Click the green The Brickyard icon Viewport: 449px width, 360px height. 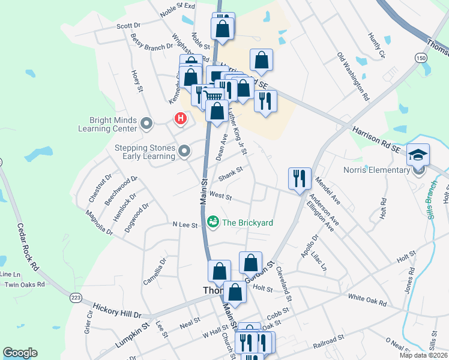[213, 223]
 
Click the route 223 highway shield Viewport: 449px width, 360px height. [75, 298]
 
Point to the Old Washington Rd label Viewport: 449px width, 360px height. [353, 76]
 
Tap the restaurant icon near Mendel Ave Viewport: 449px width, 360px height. [300, 178]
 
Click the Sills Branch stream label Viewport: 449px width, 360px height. [431, 201]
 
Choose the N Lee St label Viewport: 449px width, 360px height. [185, 225]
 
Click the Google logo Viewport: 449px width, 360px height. [20, 353]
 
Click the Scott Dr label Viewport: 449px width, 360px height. [128, 26]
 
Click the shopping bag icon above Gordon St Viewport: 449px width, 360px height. [250, 262]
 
